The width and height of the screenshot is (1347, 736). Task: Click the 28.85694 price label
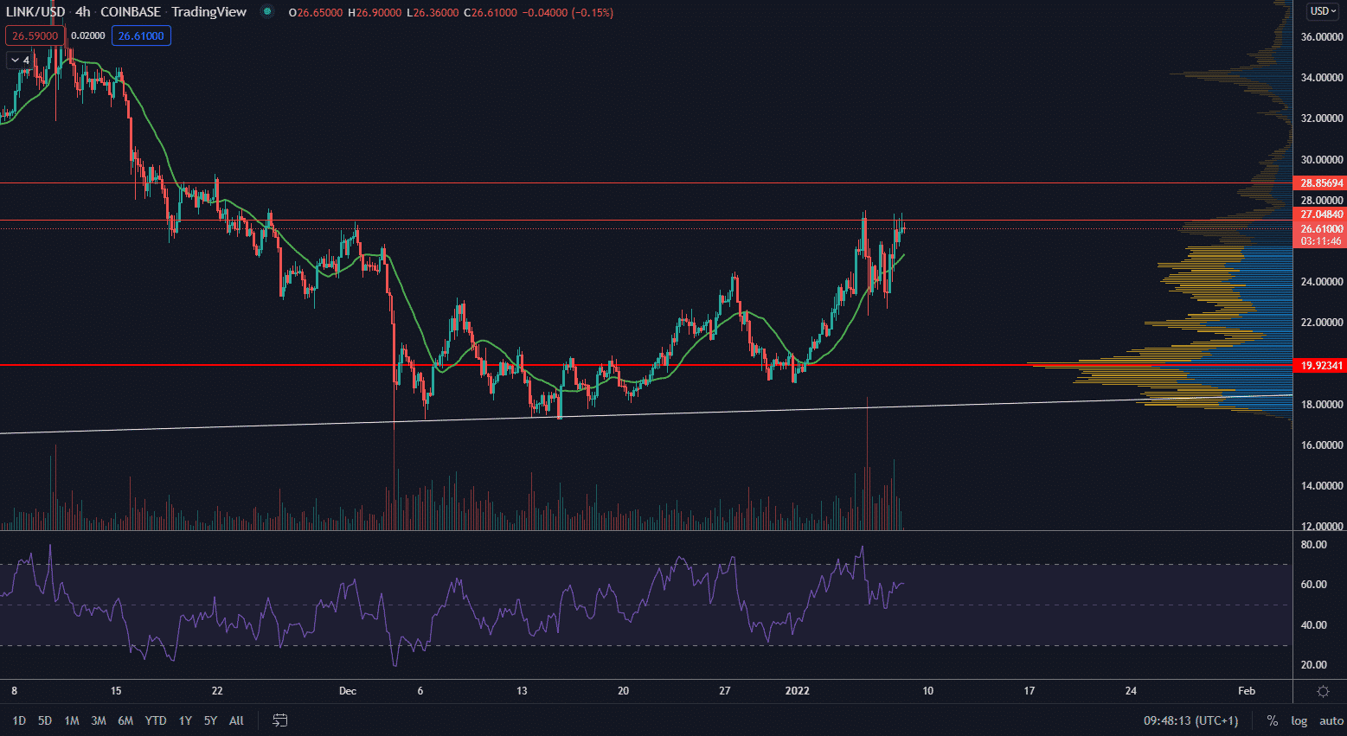[x=1322, y=183]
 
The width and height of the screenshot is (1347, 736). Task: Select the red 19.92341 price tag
[x=1322, y=366]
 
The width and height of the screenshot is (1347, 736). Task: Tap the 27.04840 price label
[x=1322, y=214]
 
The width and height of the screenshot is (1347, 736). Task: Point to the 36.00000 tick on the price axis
[x=1322, y=37]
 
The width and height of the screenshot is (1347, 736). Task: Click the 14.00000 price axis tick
[x=1322, y=486]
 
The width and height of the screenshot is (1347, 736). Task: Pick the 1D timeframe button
[x=19, y=720]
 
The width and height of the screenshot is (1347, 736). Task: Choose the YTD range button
[x=156, y=720]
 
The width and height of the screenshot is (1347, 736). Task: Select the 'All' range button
[x=236, y=720]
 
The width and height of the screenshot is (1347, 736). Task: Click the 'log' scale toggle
[x=1299, y=720]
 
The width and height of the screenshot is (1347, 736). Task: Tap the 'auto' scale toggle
[x=1331, y=720]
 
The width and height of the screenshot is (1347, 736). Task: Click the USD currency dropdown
[x=1323, y=11]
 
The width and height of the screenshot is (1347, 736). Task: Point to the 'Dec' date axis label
[x=348, y=691]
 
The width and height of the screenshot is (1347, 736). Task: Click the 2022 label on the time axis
[x=797, y=691]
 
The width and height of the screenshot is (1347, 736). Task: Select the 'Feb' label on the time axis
[x=1247, y=691]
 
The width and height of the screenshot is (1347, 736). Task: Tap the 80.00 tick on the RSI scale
[x=1313, y=545]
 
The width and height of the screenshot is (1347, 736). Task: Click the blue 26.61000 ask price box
[x=141, y=35]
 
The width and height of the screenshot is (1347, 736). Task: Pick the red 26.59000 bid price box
[x=35, y=35]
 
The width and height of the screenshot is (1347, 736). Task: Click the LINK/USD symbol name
[x=35, y=12]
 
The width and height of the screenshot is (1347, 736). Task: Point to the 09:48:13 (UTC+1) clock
[x=1190, y=720]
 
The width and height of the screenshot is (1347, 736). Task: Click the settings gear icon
[x=1323, y=691]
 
